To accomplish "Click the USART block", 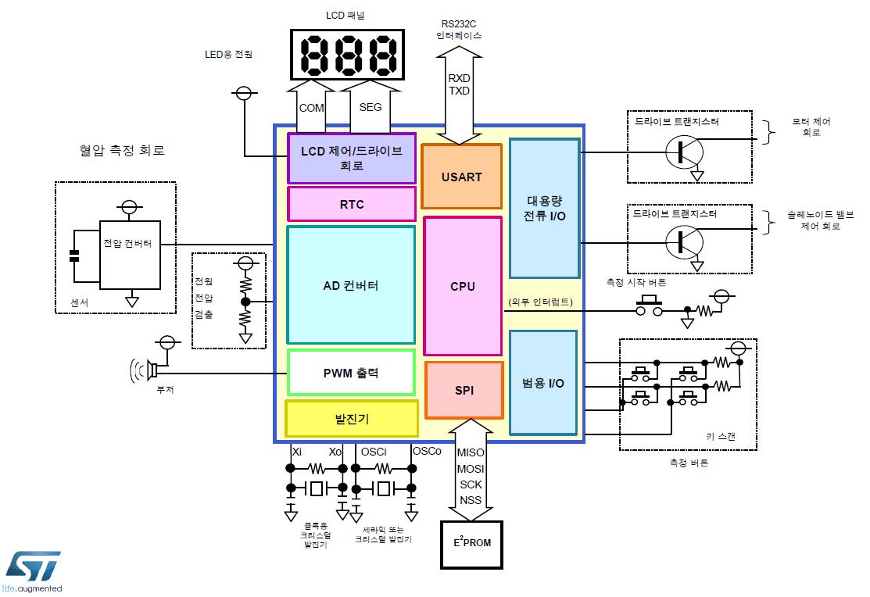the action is point(462,177).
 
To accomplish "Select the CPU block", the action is point(463,286).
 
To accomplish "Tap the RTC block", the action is point(352,204).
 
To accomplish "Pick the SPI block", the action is point(464,390).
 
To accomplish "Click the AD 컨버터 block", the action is point(351,285).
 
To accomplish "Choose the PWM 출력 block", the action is point(351,373).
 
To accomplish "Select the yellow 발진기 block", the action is point(352,419).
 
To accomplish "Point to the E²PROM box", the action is point(471,545).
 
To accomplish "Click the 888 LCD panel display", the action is point(347,55).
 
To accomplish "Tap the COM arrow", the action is point(311,105).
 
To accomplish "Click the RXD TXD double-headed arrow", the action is point(460,95).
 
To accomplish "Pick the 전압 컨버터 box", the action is point(130,255).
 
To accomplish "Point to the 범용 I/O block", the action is point(543,383).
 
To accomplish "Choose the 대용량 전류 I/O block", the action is point(544,208).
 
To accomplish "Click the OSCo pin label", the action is point(427,451).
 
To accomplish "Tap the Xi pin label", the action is point(297,452).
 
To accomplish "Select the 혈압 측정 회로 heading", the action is point(122,150).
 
